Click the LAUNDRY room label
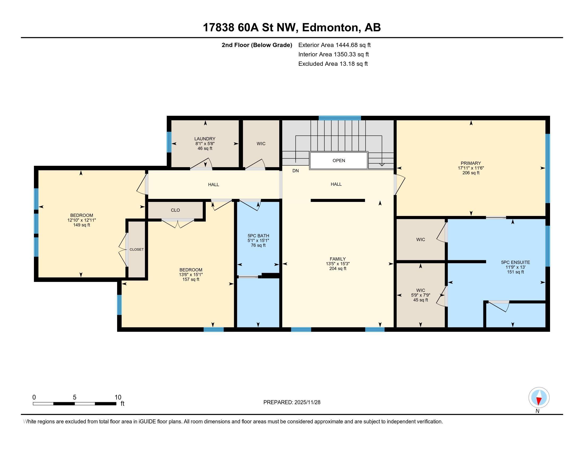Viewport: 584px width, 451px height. point(205,139)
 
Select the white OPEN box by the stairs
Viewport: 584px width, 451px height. point(338,161)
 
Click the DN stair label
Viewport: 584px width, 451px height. point(295,171)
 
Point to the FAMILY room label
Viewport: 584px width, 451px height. point(337,259)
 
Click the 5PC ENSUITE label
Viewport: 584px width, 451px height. point(515,262)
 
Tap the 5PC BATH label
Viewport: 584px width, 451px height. point(258,236)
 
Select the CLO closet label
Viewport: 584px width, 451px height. point(175,210)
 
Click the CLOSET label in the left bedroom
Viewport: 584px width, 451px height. point(137,250)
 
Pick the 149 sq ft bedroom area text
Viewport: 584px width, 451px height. point(81,225)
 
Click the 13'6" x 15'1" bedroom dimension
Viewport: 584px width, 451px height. point(191,275)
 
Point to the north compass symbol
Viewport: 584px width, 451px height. point(539,398)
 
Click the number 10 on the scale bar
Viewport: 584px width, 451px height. point(118,397)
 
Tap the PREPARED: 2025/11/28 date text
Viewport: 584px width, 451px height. point(292,402)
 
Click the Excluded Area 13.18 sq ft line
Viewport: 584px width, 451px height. point(333,64)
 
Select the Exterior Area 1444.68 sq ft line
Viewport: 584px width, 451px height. point(334,45)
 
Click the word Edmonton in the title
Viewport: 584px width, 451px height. point(330,28)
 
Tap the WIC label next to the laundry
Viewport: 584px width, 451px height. point(261,144)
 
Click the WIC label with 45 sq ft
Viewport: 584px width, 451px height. point(420,290)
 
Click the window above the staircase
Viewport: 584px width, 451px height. point(340,118)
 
